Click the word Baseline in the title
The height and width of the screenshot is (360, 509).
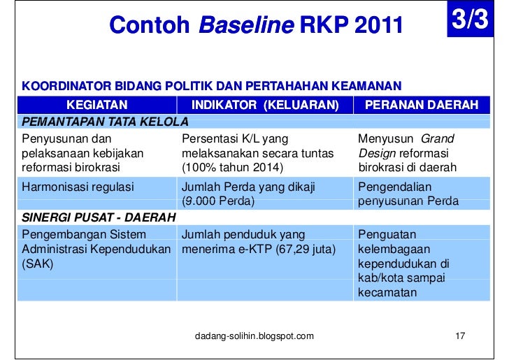coord(246,26)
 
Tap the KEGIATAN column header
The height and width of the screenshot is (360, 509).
coord(96,105)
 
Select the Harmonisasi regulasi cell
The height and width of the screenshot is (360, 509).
coord(78,187)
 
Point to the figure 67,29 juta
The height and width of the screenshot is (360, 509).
coord(306,250)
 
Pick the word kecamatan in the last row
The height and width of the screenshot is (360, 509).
coord(387,293)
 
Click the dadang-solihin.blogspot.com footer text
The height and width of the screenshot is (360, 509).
coord(254,336)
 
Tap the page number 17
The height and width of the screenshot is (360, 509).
coord(459,336)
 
